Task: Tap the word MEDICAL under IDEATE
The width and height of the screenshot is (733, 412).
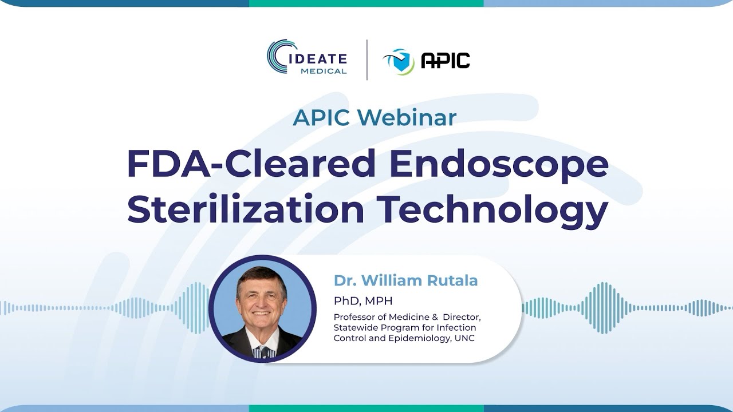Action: tap(324, 71)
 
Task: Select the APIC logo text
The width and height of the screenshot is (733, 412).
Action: tap(445, 60)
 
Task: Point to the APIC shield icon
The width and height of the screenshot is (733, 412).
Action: tap(400, 61)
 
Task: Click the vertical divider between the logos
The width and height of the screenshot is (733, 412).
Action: tap(367, 60)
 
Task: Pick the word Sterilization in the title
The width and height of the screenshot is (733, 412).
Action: tap(246, 209)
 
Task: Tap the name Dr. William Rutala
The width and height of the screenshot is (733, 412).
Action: tap(405, 280)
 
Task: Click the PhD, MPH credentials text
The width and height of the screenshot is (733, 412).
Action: tap(363, 301)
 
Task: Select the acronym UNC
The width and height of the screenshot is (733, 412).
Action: tap(465, 338)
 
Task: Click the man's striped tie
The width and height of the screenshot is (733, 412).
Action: tap(263, 351)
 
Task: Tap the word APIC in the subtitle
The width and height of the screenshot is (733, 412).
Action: tap(321, 118)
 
